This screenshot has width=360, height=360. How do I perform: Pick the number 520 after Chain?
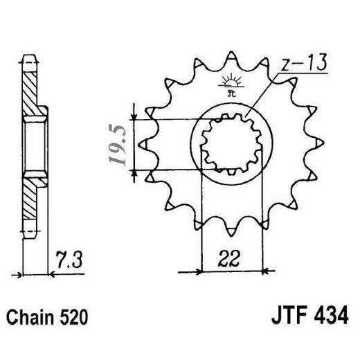75,318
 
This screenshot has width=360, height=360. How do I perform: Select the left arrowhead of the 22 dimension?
204,269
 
